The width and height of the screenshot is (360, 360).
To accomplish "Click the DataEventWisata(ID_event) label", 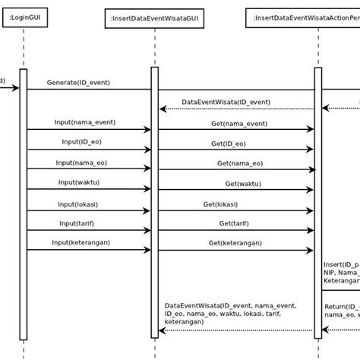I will (226, 102).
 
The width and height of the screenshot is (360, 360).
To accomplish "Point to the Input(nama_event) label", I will (84, 122).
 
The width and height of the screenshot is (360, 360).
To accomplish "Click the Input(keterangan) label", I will (86, 243).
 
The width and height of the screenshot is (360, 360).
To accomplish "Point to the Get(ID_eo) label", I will (228, 143).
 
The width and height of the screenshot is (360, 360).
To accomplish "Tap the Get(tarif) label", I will (235, 223).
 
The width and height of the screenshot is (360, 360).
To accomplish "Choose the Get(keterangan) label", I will (235, 243).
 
